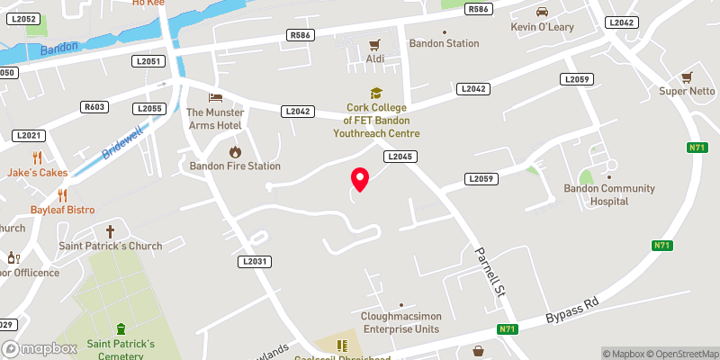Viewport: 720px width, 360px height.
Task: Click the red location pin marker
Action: point(360,179)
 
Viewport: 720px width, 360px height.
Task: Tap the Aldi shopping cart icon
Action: point(375,43)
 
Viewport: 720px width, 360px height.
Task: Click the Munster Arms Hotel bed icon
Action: point(214,97)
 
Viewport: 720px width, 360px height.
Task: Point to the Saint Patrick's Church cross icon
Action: point(111,230)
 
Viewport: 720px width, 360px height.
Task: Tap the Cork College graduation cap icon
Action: point(375,93)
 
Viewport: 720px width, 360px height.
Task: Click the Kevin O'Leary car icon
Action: point(542,12)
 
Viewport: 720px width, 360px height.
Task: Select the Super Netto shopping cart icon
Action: point(687,76)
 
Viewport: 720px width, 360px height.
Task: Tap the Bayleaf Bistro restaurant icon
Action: point(62,194)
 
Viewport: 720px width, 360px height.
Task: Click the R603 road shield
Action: point(94,107)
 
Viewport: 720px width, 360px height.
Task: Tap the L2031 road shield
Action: point(255,261)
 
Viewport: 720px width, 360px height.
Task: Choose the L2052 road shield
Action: point(24,19)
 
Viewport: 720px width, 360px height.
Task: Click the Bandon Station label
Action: point(444,42)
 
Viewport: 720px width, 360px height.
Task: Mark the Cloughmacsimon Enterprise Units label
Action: point(400,322)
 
